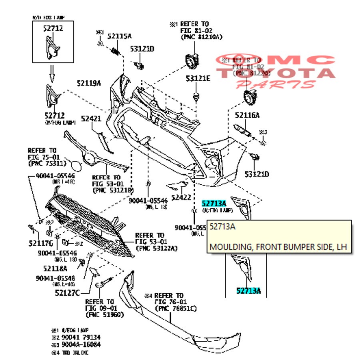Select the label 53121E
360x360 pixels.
[x=198, y=79]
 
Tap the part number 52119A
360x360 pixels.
[x=89, y=83]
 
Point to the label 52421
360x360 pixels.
[x=91, y=119]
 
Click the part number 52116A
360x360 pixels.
[x=247, y=115]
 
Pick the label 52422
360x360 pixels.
[x=182, y=197]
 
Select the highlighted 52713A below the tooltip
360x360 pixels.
[x=248, y=291]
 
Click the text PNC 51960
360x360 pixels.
[x=104, y=314]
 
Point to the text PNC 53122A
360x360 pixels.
[x=157, y=248]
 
